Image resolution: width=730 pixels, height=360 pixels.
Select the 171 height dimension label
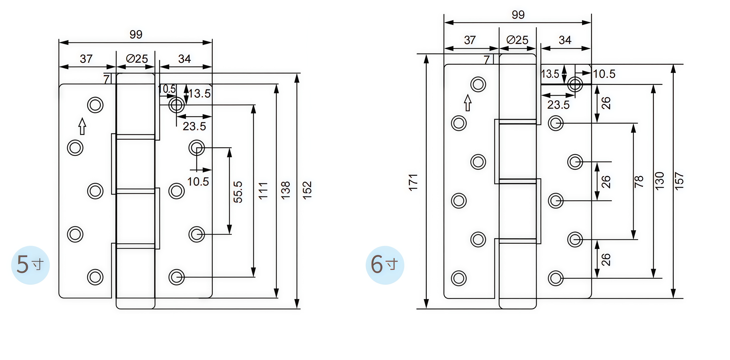[413, 182]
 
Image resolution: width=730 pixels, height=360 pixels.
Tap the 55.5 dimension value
[238, 192]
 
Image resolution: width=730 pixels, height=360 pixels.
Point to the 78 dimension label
[639, 182]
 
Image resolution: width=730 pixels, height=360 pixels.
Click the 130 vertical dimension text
[660, 181]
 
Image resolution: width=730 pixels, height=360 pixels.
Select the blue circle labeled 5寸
[30, 265]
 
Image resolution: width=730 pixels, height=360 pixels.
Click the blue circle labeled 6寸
[385, 265]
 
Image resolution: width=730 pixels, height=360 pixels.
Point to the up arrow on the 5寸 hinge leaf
[82, 126]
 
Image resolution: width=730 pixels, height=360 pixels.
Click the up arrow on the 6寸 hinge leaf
[468, 103]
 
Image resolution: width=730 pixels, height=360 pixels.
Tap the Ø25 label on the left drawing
[137, 59]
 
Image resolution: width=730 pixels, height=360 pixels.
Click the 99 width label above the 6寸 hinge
[518, 15]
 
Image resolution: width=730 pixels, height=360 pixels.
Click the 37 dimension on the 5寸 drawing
[86, 59]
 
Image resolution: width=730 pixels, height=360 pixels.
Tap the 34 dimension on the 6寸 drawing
[565, 40]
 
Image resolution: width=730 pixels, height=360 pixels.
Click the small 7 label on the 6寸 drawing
[487, 60]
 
